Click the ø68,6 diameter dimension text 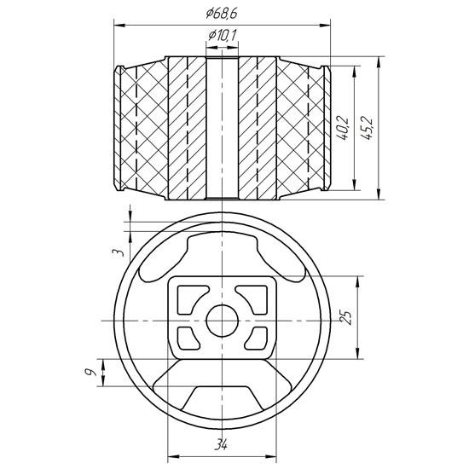[222, 14]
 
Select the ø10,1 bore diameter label [223, 35]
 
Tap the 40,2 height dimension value [343, 128]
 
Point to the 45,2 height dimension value [367, 128]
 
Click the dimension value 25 [347, 318]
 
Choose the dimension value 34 [222, 444]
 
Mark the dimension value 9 [90, 373]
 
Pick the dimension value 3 [118, 252]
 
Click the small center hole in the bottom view [223, 321]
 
